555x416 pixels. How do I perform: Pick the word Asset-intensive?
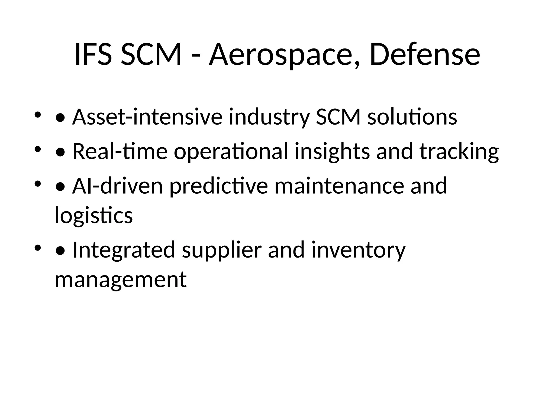(147, 117)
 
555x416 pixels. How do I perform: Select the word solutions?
(412, 117)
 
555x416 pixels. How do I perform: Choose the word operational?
(231, 151)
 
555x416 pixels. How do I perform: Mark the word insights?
(332, 151)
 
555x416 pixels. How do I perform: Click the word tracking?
(459, 151)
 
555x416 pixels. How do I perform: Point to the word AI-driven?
(118, 186)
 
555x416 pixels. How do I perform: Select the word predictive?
(219, 186)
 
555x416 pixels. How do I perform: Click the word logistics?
(94, 215)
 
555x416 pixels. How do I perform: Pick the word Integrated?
(124, 250)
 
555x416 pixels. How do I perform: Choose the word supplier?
(222, 250)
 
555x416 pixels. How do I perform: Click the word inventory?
(358, 250)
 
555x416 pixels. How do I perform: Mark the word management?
(121, 279)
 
